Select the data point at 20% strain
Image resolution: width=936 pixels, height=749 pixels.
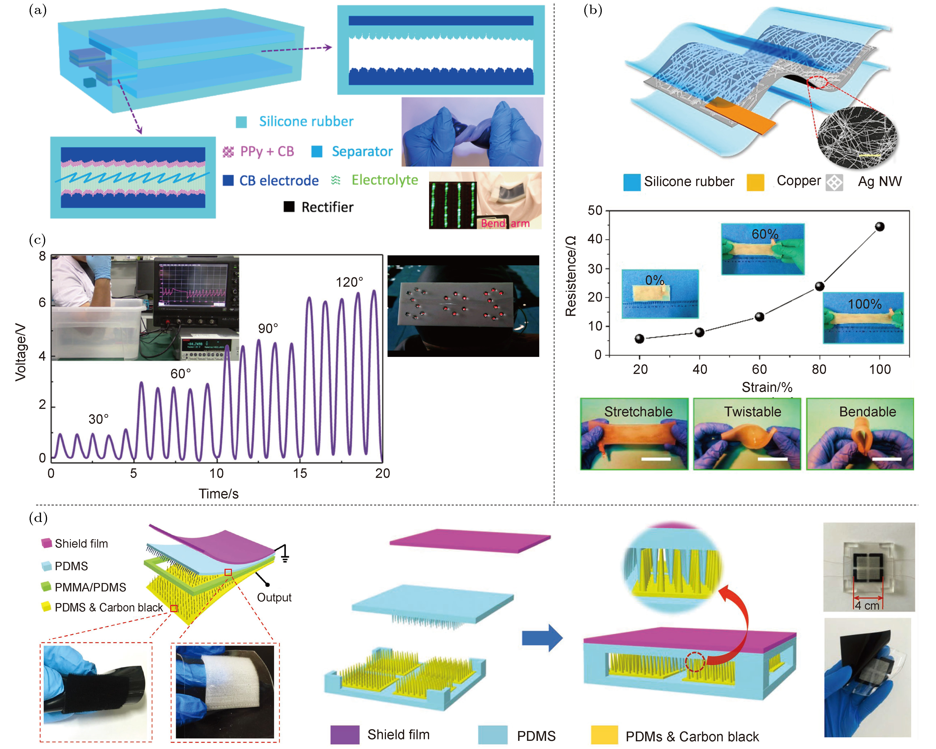640,339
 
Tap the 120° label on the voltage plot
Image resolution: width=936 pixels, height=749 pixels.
349,282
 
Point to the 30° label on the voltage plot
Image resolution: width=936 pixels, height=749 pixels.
99,419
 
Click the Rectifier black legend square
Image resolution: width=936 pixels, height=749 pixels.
289,207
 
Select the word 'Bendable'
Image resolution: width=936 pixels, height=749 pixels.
867,412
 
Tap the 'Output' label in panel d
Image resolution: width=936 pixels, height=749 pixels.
274,597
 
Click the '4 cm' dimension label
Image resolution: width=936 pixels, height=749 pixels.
867,606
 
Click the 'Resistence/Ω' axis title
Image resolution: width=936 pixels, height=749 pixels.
571,276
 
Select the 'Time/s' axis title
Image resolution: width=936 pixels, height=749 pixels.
218,494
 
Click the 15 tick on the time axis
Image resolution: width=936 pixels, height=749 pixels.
299,473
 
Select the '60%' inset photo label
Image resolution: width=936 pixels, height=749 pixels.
765,234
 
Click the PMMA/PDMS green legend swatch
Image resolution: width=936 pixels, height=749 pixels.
46,587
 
